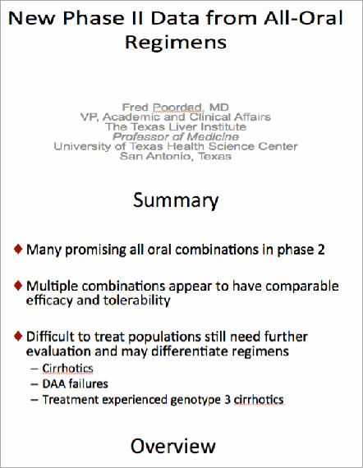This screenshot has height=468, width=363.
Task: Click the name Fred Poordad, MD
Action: coord(181,108)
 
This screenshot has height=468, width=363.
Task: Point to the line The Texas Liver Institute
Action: coord(181,127)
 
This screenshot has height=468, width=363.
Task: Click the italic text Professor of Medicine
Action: coord(181,137)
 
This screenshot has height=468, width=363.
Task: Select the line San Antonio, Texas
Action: coord(181,156)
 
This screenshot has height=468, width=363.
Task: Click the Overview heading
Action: coord(173,446)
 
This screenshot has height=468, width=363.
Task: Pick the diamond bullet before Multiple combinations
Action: coord(18,287)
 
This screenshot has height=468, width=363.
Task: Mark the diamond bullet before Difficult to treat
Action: coord(18,336)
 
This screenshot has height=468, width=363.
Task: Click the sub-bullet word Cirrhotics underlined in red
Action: coord(67,369)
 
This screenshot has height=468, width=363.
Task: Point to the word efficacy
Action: coord(51,302)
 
